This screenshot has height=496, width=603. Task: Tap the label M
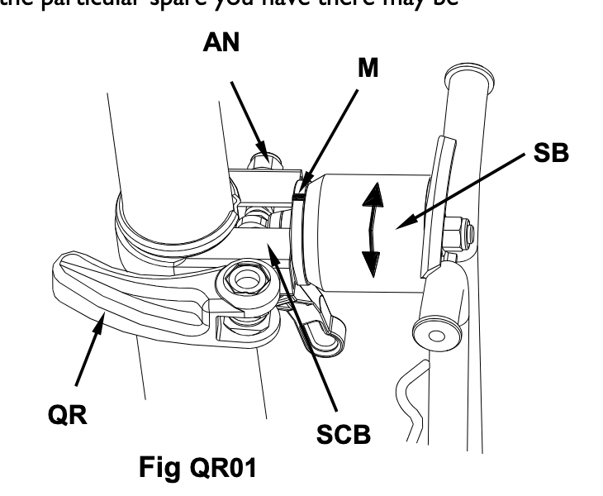pos(368,69)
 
